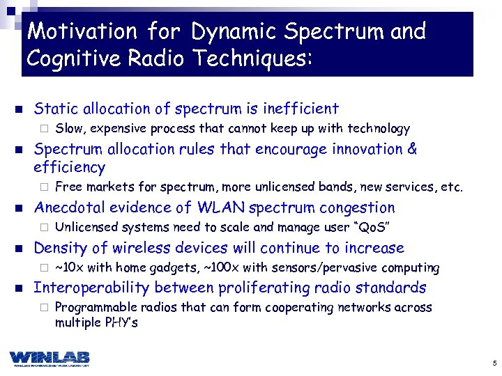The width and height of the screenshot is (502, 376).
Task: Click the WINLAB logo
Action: pos(50,357)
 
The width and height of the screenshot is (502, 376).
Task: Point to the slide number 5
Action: pos(494,363)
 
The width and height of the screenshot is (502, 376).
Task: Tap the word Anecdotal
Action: pos(67,207)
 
